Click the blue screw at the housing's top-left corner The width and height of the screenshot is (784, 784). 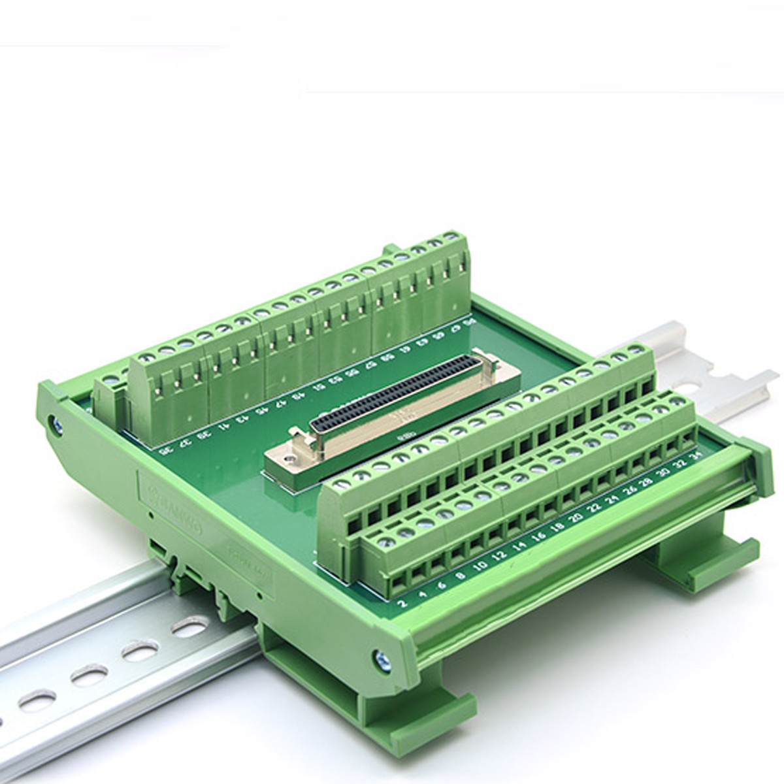[57, 425]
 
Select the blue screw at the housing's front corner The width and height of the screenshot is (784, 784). [383, 661]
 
